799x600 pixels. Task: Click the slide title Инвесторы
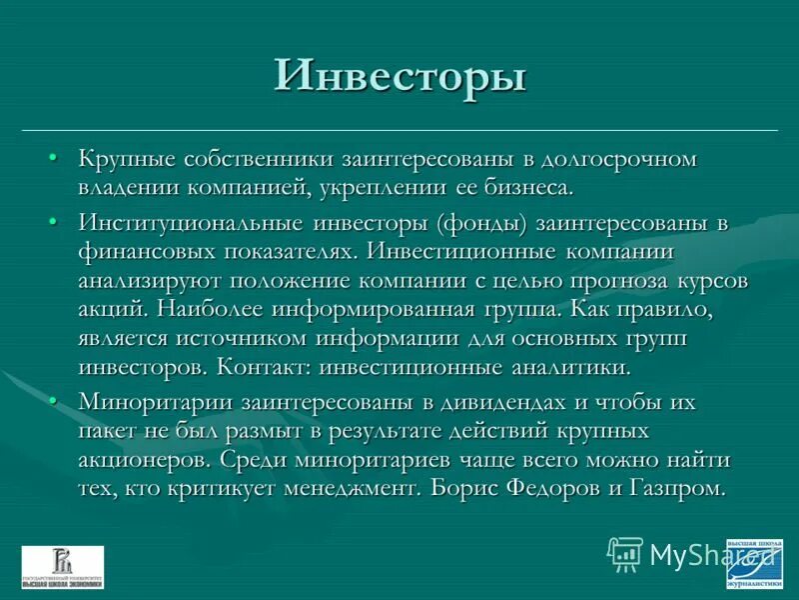399,78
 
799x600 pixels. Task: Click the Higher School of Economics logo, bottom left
62,566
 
